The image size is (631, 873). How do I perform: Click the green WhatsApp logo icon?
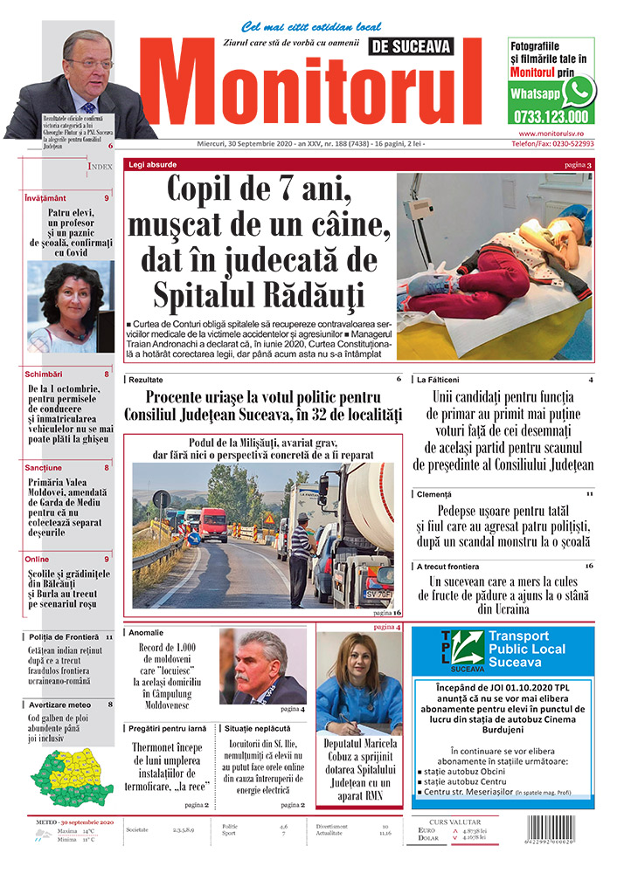point(578,91)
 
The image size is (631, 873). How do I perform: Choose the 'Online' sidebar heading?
point(37,559)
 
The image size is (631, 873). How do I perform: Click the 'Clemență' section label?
point(434,495)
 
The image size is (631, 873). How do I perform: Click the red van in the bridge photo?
point(213,524)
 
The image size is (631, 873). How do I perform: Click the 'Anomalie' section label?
point(145,632)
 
